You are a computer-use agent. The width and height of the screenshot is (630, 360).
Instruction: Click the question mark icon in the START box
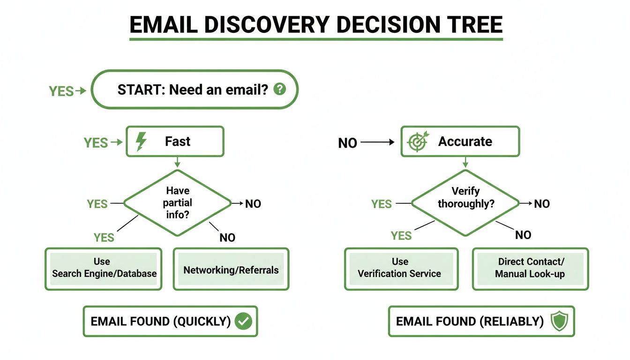279,89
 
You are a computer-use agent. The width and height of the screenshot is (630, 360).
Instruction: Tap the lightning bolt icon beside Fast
141,142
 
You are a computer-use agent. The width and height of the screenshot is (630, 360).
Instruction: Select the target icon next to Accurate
418,142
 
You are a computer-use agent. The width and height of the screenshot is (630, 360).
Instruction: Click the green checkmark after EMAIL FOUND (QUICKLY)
243,321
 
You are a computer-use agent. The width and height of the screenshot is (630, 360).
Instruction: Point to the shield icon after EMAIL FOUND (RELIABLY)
559,321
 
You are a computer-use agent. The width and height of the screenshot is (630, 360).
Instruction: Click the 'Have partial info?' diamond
178,203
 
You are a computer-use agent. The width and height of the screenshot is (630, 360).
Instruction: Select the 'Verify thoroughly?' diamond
465,203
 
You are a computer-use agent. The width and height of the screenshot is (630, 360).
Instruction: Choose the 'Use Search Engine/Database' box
104,268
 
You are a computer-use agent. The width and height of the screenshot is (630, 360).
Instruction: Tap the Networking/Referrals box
231,270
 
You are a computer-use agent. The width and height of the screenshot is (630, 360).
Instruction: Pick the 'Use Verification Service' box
400,268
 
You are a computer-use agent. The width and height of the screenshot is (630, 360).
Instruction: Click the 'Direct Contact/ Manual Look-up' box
530,268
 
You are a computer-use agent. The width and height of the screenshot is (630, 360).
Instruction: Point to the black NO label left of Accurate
348,143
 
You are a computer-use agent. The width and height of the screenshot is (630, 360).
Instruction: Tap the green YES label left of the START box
61,91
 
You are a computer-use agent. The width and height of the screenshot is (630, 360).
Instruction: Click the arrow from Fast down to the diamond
177,162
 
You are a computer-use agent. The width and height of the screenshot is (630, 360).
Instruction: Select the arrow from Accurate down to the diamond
465,162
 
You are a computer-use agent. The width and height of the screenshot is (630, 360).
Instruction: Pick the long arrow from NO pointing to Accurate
378,142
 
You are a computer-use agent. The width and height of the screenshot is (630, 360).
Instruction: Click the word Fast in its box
178,142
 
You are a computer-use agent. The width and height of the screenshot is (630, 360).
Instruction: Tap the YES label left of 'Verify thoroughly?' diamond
382,204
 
